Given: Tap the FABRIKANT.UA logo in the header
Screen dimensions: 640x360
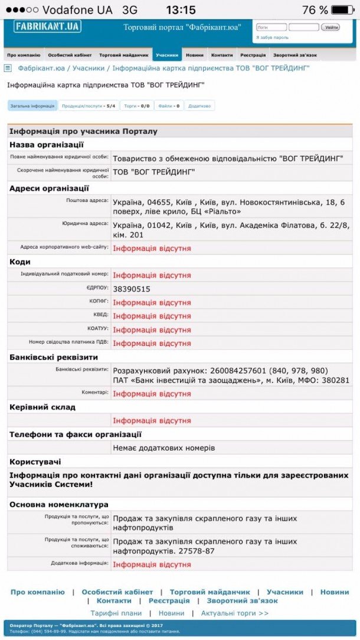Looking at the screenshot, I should pyautogui.click(x=47, y=27).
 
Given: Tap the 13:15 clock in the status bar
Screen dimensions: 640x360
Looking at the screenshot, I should pyautogui.click(x=181, y=10).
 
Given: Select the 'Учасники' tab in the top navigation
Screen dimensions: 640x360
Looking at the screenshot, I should pyautogui.click(x=167, y=55).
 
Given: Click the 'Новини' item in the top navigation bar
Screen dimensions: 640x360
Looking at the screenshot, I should pyautogui.click(x=195, y=55).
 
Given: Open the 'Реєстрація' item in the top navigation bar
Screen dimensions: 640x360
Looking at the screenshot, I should pyautogui.click(x=253, y=55).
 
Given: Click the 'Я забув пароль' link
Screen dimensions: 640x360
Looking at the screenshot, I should pyautogui.click(x=272, y=37).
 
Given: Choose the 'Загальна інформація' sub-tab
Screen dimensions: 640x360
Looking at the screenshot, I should pyautogui.click(x=32, y=106).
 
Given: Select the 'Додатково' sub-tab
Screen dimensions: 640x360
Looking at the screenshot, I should pyautogui.click(x=199, y=106).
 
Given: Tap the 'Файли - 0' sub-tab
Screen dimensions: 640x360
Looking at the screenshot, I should pyautogui.click(x=169, y=106).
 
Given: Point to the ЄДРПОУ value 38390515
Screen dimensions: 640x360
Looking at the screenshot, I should pyautogui.click(x=132, y=289).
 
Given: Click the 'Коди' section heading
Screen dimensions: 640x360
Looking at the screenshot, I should pyautogui.click(x=20, y=262).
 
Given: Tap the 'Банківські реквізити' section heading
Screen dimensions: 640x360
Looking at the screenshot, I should pyautogui.click(x=54, y=357).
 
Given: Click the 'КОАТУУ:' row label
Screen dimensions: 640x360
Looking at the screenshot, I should pyautogui.click(x=94, y=329).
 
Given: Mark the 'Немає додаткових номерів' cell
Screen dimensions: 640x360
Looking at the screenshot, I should pyautogui.click(x=164, y=448).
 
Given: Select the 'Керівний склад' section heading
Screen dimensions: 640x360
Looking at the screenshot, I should pyautogui.click(x=42, y=407).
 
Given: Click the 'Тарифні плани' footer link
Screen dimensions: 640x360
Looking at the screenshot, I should pyautogui.click(x=116, y=613).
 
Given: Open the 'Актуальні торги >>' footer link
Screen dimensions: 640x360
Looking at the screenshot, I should pyautogui.click(x=235, y=613).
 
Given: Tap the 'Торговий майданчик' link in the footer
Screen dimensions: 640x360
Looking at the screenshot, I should pyautogui.click(x=210, y=592).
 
